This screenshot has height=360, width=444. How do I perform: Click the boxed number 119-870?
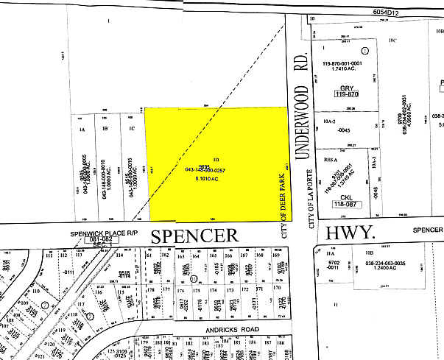344,95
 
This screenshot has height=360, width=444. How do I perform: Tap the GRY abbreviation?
344,88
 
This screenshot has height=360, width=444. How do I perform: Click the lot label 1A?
82,130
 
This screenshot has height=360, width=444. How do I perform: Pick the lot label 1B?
106,130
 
